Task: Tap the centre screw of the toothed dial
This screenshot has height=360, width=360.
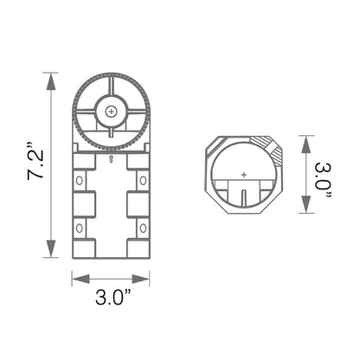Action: coord(111,112)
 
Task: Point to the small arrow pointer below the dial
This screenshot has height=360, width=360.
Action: coord(111,161)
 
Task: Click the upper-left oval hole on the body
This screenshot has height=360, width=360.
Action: coord(80,181)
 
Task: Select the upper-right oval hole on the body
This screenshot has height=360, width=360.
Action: coord(142,181)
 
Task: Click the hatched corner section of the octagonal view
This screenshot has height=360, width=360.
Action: coord(269,147)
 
